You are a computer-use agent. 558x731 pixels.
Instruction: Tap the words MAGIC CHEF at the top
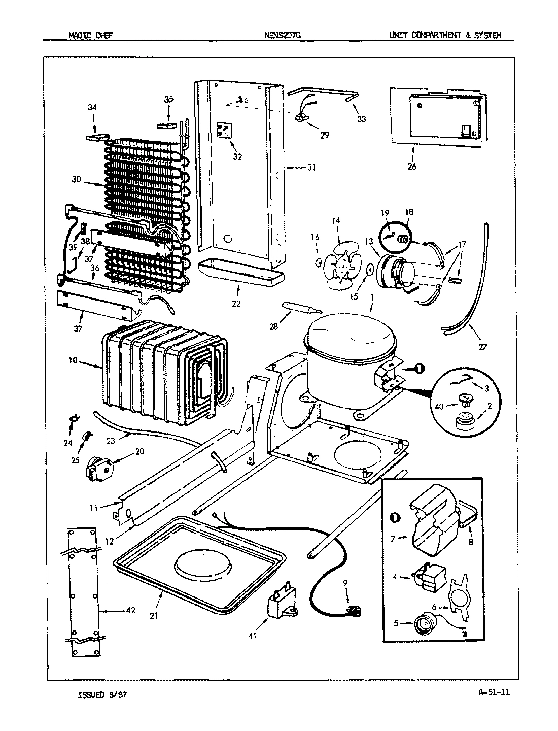(91, 35)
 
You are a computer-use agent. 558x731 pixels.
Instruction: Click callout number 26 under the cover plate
(411, 166)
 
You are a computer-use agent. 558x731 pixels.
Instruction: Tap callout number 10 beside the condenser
(73, 360)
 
